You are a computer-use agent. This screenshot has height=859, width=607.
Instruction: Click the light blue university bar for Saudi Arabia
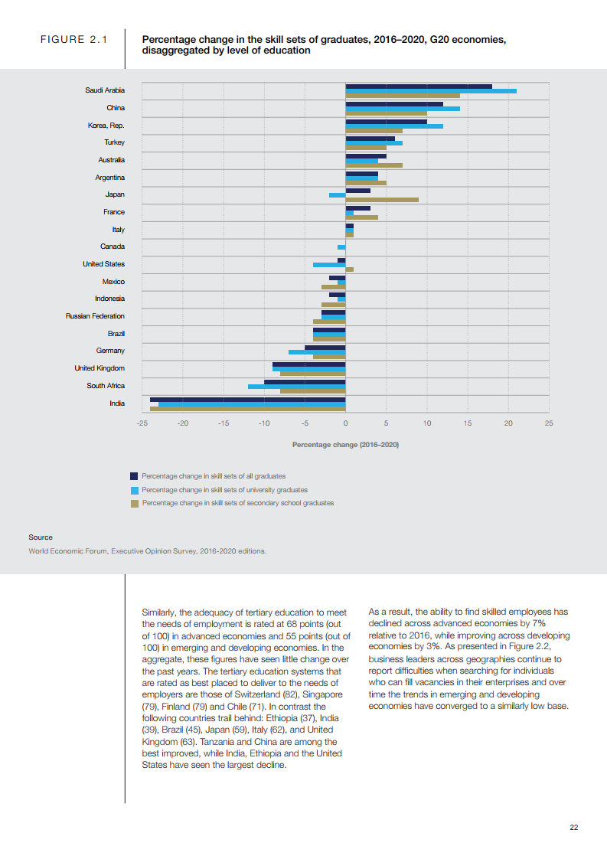431,91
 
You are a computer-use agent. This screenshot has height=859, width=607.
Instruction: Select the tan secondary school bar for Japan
382,200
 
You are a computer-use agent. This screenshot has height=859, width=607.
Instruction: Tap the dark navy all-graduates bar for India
247,399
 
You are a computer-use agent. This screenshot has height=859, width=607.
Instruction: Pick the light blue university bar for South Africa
296,387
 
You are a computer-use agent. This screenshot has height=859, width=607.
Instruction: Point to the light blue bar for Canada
341,247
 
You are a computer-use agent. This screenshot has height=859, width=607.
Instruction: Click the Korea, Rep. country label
106,126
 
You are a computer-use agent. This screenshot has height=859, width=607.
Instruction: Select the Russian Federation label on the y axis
95,316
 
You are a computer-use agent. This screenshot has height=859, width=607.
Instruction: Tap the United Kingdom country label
100,368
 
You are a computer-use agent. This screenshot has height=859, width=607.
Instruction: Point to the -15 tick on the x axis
223,423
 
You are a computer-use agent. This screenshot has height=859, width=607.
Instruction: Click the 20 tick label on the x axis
508,423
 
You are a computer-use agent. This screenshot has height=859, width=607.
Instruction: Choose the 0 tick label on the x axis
345,423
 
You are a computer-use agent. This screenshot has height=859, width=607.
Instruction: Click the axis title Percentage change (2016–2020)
345,444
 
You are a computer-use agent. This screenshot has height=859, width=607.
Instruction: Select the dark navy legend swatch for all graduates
134,476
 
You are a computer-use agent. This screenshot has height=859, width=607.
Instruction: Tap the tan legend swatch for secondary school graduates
134,503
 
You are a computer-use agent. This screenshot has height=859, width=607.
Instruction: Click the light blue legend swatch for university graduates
134,490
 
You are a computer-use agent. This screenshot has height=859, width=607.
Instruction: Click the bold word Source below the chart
41,537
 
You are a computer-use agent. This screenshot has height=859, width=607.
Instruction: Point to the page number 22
574,827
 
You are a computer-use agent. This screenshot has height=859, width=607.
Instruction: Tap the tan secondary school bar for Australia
374,165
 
